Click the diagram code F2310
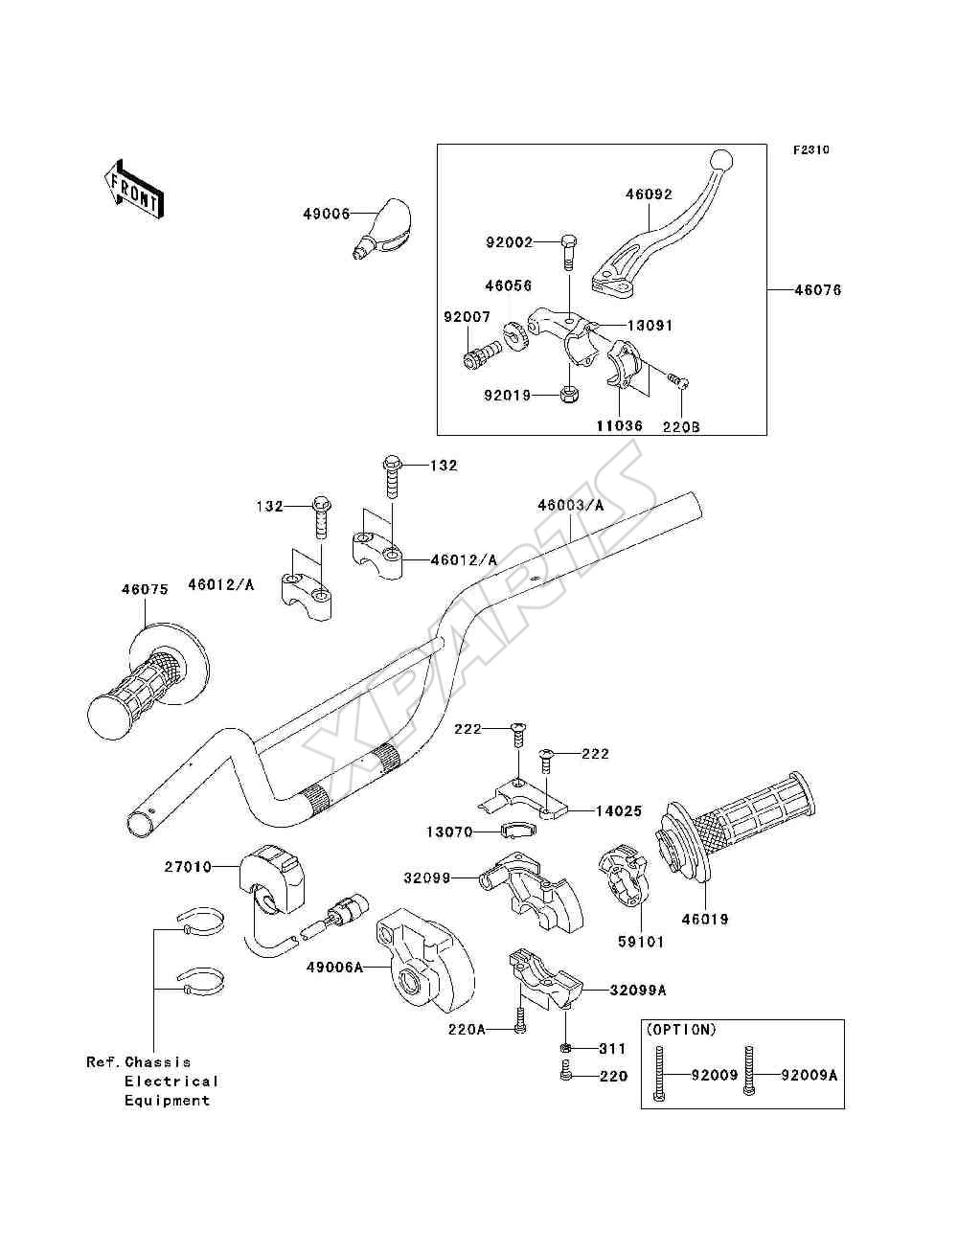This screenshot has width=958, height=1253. [810, 150]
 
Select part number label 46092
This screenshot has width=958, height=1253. [650, 194]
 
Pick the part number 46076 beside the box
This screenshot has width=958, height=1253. [818, 290]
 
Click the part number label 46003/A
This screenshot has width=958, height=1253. [570, 506]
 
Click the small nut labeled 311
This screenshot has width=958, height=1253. [565, 1047]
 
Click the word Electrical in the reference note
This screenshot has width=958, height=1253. [171, 1081]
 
